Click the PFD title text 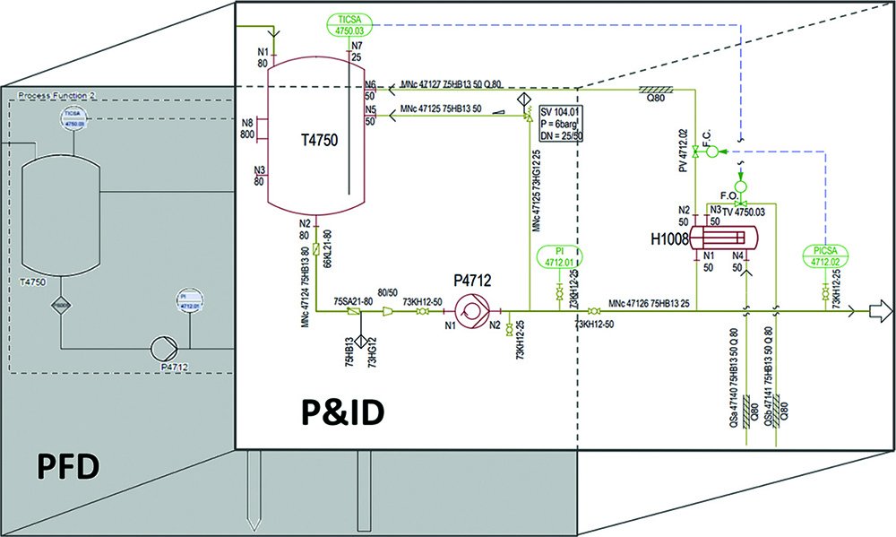tap(69, 467)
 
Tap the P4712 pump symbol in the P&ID tap(470, 311)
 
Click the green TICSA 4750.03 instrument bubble tap(345, 24)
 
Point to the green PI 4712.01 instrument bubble tap(559, 256)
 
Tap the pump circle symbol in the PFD tap(163, 348)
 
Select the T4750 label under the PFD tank tap(35, 281)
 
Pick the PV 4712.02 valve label tap(683, 151)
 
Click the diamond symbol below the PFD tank tap(59, 305)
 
